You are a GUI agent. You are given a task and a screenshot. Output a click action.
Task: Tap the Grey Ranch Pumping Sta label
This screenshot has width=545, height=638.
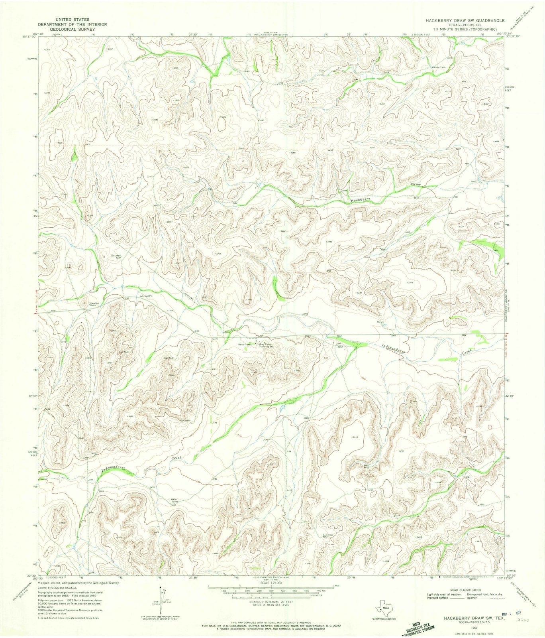(267, 345)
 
